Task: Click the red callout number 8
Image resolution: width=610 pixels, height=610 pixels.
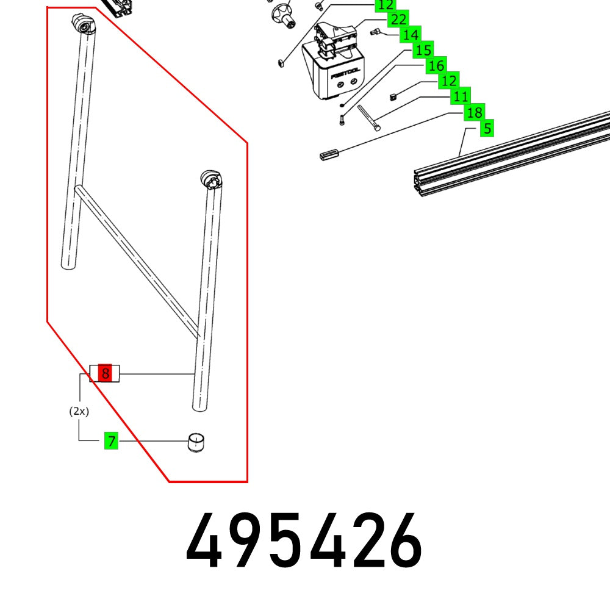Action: (106, 373)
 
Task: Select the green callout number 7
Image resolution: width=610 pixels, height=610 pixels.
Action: (110, 440)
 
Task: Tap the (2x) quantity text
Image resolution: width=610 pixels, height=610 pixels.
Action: (79, 411)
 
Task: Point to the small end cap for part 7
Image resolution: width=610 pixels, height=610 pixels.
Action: (195, 442)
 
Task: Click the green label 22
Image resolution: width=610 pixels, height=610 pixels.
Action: (398, 20)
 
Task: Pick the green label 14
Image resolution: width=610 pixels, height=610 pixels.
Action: (411, 35)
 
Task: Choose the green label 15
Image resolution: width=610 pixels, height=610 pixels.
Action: (423, 50)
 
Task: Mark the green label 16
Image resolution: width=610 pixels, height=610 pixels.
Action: (436, 65)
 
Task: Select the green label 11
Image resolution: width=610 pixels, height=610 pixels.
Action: (461, 96)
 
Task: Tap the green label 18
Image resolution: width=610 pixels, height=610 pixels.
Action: (474, 112)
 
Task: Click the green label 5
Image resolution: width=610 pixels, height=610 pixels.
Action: (486, 129)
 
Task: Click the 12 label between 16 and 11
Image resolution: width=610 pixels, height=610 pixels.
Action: (449, 81)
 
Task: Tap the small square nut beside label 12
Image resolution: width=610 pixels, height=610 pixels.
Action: (394, 95)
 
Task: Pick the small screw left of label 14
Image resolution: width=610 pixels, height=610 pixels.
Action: (376, 32)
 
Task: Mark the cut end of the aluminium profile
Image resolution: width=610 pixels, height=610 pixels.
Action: (421, 182)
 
